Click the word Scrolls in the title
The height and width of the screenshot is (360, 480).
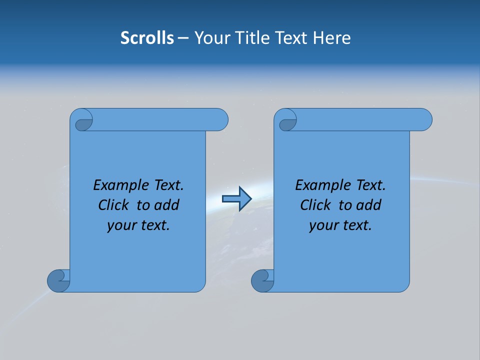click(x=147, y=38)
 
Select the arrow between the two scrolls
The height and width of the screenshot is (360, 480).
click(x=236, y=199)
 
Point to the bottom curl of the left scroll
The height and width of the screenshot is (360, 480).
click(x=58, y=280)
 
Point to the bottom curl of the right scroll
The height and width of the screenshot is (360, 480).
click(x=262, y=280)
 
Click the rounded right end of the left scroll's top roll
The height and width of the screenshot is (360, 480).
click(x=220, y=119)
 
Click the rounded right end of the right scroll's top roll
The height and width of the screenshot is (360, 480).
click(x=424, y=119)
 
